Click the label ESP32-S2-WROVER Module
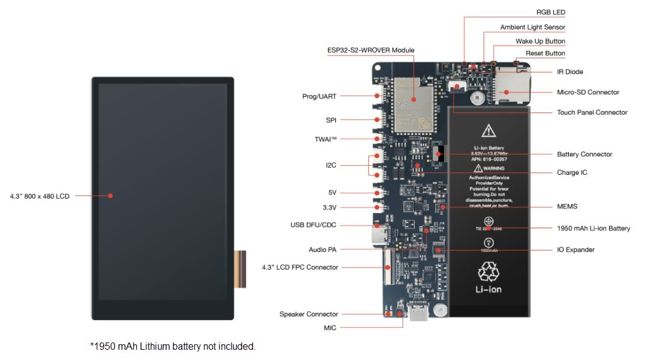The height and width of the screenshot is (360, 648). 370,50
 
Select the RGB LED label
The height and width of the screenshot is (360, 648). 551,12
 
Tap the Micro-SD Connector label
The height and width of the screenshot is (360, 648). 587,93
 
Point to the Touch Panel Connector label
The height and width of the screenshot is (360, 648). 592,113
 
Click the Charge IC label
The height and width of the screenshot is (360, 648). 572,173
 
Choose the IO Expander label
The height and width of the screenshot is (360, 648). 575,250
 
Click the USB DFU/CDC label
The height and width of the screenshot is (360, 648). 313,225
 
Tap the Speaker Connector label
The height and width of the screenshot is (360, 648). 309,314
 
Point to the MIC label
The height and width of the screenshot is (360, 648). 330,328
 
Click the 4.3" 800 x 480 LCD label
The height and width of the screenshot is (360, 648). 39,196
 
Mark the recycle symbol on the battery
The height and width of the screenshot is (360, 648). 488,272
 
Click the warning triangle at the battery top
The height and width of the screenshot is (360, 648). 488,130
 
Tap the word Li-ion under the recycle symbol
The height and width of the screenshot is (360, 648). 488,289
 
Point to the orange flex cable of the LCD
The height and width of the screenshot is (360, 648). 241,269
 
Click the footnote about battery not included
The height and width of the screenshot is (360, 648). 172,347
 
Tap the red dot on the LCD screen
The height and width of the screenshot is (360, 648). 111,195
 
